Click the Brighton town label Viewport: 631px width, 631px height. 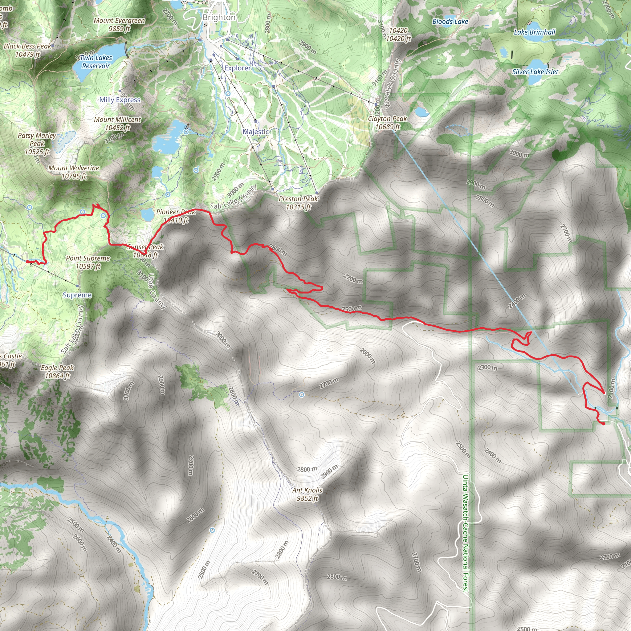pos(219,17)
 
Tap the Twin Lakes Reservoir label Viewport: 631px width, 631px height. pos(96,62)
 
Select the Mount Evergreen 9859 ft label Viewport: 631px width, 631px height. pos(119,25)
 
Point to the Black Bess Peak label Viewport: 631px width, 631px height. pos(27,50)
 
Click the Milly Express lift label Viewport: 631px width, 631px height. pos(120,100)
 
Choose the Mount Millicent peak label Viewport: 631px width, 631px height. pos(118,124)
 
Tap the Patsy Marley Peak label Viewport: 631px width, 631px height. pos(37,143)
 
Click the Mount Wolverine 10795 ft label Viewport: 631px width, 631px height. pos(74,172)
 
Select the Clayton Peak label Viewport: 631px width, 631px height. pos(387,123)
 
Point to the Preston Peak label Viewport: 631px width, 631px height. pos(298,203)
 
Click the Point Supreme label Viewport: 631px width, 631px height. pos(88,262)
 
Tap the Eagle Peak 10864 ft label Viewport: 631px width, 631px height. pos(58,372)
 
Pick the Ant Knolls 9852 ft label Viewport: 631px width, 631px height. pos(307,494)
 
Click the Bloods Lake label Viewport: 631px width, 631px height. pos(450,22)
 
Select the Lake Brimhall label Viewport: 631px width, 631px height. pos(535,32)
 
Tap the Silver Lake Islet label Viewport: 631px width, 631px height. pos(535,72)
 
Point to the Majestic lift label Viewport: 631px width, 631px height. pos(256,132)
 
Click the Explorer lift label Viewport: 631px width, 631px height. pos(238,68)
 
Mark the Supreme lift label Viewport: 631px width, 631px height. pos(77,295)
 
